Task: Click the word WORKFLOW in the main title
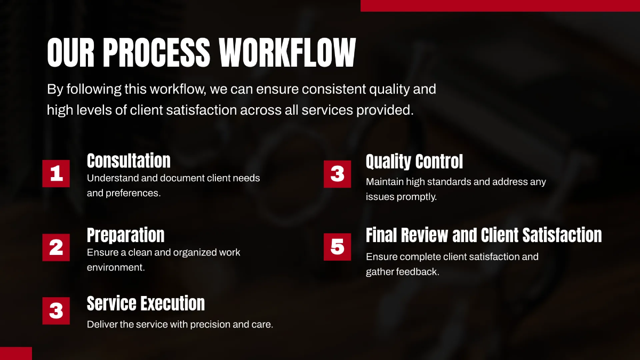click(287, 52)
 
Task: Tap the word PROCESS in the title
click(156, 52)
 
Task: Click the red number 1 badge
click(56, 173)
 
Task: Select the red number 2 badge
click(56, 247)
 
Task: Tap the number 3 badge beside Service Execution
click(56, 310)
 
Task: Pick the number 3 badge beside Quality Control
click(337, 174)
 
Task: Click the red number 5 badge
click(337, 247)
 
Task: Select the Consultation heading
click(129, 161)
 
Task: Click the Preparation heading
click(125, 235)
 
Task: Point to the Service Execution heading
click(146, 303)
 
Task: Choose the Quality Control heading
click(414, 161)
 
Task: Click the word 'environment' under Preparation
click(115, 267)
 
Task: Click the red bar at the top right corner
click(500, 5)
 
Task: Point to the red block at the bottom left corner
click(16, 353)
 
